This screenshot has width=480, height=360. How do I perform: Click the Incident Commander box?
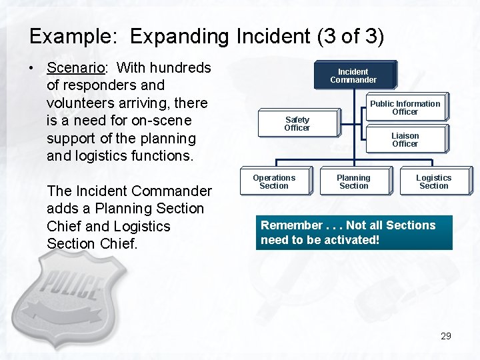pos(353,75)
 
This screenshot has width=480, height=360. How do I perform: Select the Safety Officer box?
pos(297,124)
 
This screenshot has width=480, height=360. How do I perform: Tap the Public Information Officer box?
pos(405,107)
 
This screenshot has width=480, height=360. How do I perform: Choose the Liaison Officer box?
pos(405,139)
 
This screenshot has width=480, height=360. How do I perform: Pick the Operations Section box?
pos(274,181)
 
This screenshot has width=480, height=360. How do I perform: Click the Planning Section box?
pos(353,181)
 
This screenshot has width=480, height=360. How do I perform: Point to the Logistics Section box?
pos(434,181)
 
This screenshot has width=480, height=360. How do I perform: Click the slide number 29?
pos(446,336)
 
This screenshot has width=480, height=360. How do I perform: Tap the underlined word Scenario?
pos(73,68)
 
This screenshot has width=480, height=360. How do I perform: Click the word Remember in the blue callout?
pos(291,225)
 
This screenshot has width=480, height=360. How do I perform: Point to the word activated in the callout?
pos(353,240)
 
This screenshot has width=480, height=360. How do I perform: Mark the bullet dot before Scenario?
pos(32,68)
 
